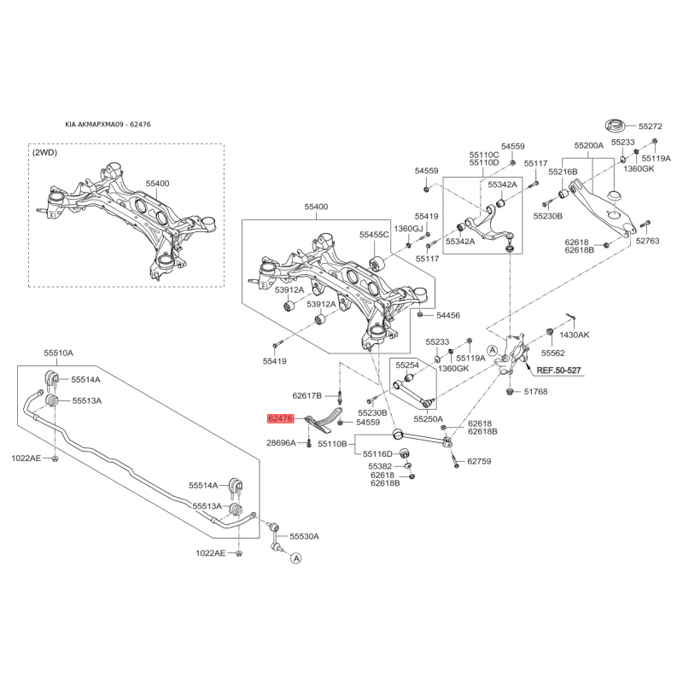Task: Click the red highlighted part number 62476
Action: click(x=281, y=418)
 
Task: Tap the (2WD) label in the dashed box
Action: click(x=44, y=153)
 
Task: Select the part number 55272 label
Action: click(x=651, y=126)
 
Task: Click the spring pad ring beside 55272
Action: click(x=615, y=126)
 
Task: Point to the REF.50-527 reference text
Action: click(x=558, y=371)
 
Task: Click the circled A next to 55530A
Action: click(x=296, y=558)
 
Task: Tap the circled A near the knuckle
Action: click(x=493, y=350)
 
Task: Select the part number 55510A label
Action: click(x=58, y=353)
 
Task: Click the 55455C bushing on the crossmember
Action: click(x=377, y=264)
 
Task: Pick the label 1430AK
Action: click(x=574, y=335)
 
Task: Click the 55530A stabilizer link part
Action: click(x=273, y=535)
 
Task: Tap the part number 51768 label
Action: click(x=536, y=392)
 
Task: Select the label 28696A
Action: click(x=281, y=443)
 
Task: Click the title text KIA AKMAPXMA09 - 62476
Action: click(x=108, y=124)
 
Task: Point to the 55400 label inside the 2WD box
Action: click(x=157, y=184)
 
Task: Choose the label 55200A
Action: click(x=588, y=145)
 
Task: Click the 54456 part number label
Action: click(x=448, y=315)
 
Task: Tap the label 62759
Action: click(x=479, y=461)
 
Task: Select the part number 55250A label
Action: click(x=429, y=419)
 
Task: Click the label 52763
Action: click(x=648, y=241)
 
